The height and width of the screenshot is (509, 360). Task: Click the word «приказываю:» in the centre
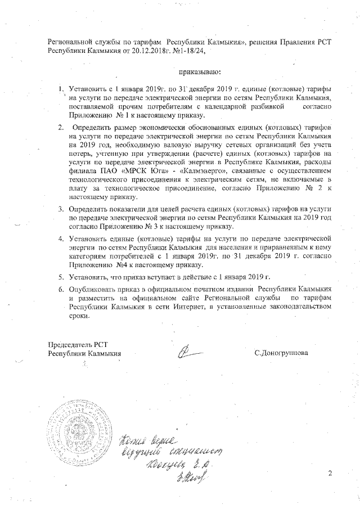coord(200,72)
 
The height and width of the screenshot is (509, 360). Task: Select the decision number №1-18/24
coord(187,51)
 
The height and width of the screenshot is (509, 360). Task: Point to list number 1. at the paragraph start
coord(62,90)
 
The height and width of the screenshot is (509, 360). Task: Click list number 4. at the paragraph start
coord(62,238)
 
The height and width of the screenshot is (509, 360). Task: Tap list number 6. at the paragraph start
coord(62,289)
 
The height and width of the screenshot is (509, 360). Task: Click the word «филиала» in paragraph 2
coord(83,170)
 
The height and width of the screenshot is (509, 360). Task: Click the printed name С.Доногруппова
coord(281,353)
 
